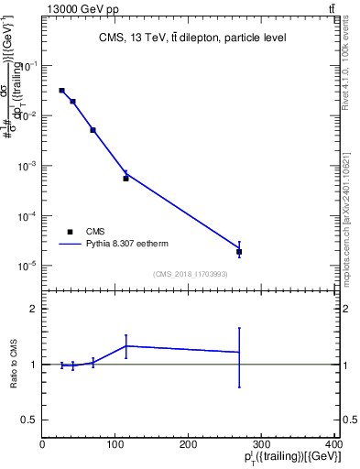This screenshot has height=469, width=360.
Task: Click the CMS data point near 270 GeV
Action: point(239,251)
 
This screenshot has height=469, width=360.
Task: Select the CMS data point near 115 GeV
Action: point(125,179)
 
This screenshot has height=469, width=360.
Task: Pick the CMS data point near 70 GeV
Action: point(93,130)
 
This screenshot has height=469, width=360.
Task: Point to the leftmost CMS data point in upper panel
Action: point(61,91)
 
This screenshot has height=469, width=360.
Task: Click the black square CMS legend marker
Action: point(70,232)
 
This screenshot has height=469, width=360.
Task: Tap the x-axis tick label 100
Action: point(115,444)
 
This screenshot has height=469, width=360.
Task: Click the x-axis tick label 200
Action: point(189,444)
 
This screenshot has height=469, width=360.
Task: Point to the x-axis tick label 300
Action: point(262,444)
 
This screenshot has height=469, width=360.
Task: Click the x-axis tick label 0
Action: point(42,444)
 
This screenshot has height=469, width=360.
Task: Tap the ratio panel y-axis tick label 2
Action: point(33,309)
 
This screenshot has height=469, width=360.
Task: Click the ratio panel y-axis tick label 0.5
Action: point(29,420)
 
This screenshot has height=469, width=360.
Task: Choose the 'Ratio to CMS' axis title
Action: point(13,365)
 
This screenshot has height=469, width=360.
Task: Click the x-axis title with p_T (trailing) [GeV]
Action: point(294,457)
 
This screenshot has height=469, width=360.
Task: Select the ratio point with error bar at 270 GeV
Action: point(239,352)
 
